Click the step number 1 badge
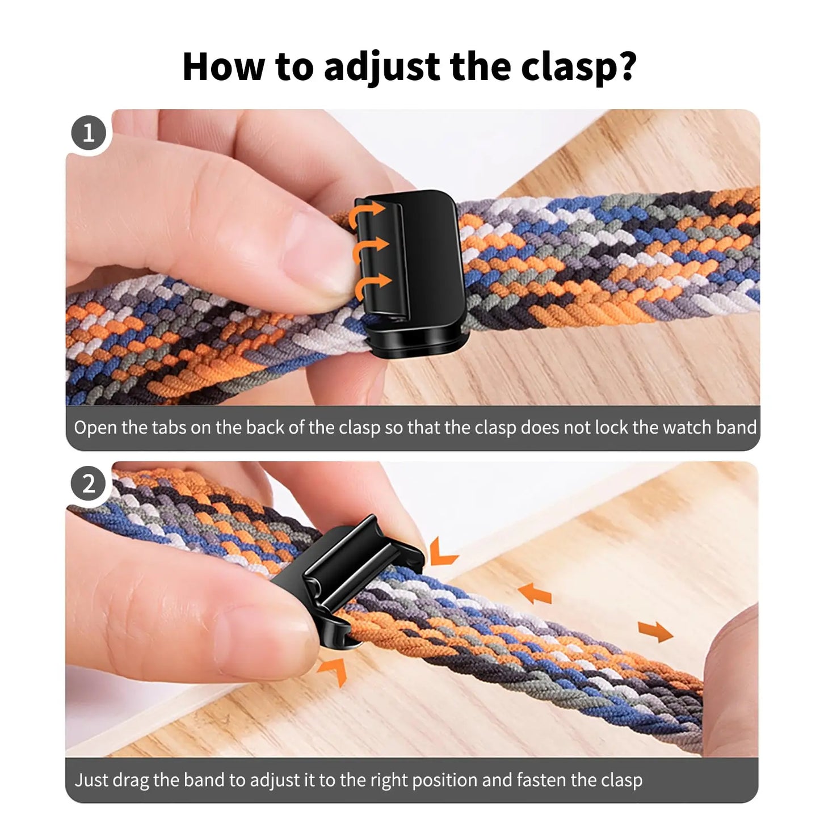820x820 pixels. pyautogui.click(x=89, y=133)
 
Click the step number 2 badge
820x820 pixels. pyautogui.click(x=89, y=484)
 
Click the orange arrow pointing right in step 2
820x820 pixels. pyautogui.click(x=655, y=630)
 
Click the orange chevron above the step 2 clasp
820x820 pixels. pyautogui.click(x=443, y=553)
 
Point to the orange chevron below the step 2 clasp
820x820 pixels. pyautogui.click(x=334, y=670)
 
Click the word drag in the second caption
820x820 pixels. pyautogui.click(x=131, y=780)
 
